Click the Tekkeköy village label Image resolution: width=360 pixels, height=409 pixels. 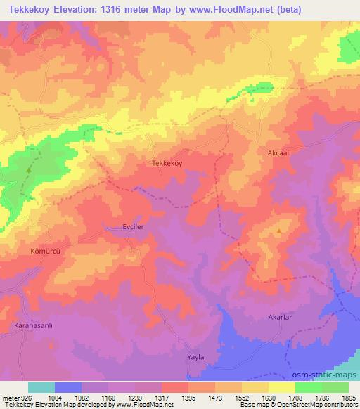pyautogui.click(x=167, y=162)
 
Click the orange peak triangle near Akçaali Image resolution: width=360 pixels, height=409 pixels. pyautogui.click(x=280, y=231)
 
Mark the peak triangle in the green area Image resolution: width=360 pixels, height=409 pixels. pyautogui.click(x=29, y=169)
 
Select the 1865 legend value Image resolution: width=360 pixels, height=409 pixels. pyautogui.click(x=347, y=397)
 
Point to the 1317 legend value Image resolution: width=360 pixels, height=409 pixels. pyautogui.click(x=160, y=397)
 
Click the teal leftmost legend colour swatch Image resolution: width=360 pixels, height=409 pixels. pyautogui.click(x=41, y=387)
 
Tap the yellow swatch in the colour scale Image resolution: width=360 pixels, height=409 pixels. pyautogui.click(x=282, y=387)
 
